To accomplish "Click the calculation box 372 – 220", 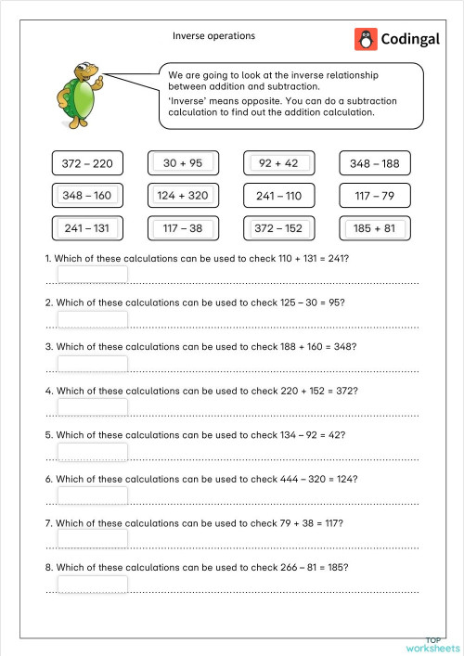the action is pos(87,164).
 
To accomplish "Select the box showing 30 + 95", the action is pos(183,163).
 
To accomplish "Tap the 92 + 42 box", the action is pos(278,163).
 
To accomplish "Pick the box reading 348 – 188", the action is pos(374,164).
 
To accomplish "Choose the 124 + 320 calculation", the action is pos(183,196).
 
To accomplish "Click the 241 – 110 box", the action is pos(278,197).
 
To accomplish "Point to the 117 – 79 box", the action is pos(374,197).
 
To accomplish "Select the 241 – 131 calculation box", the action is pos(87,228).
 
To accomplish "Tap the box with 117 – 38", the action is pos(183,228).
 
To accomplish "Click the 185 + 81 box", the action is pos(374,228).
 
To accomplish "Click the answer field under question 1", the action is pos(93,275).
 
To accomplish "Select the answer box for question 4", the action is pos(93,407).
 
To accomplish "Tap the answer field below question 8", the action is pos(93,584).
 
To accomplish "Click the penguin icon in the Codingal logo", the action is pos(366,39).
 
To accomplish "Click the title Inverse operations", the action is pos(213,36).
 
